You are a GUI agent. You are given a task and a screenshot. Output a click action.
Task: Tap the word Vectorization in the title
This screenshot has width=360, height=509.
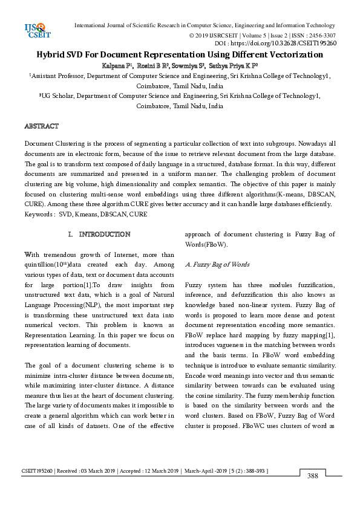click(x=292, y=55)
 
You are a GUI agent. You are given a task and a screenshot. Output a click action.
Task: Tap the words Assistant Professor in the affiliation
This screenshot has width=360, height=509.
click(x=55, y=76)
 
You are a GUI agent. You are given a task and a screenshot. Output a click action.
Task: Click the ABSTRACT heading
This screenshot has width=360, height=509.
click(x=41, y=126)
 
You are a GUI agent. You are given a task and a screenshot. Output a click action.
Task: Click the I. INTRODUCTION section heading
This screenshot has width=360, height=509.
click(x=99, y=234)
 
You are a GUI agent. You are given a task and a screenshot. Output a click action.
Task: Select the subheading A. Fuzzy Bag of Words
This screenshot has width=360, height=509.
click(x=217, y=265)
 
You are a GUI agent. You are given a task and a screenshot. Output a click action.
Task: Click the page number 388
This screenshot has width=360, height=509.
click(x=313, y=476)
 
